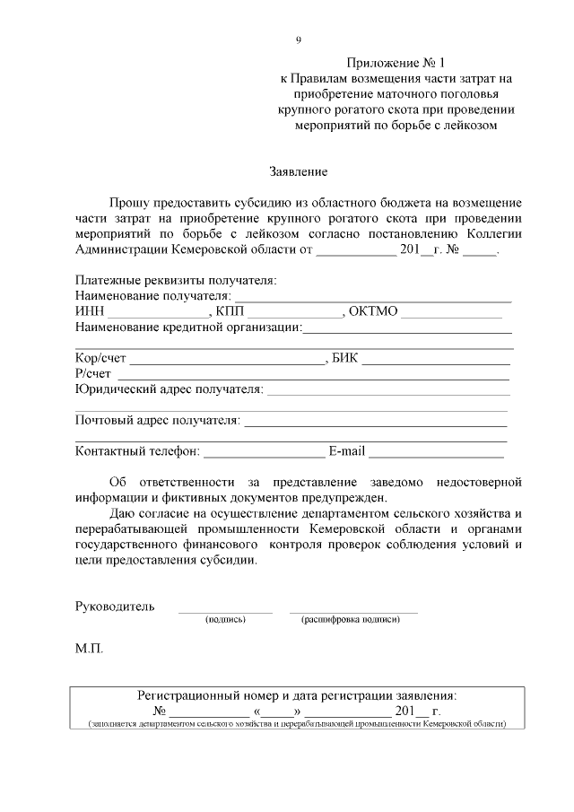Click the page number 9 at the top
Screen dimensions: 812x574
tap(298, 40)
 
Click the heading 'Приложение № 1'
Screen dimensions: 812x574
tap(396, 63)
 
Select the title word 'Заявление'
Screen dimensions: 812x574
tap(299, 170)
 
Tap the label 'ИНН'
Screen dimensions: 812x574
tap(90, 311)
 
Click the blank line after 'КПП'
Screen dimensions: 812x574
tap(295, 312)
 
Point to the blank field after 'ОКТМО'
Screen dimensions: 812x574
tap(451, 312)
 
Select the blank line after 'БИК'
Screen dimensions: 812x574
tap(436, 360)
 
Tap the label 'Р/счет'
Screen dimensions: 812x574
tap(93, 374)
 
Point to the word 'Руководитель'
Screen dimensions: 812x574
tap(115, 607)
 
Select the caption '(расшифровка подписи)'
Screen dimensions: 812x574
tap(351, 619)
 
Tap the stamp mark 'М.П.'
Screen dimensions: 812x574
tap(90, 646)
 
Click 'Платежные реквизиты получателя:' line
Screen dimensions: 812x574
tap(176, 280)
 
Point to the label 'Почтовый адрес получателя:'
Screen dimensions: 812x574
tap(158, 419)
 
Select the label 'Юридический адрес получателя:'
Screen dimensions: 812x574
tap(170, 389)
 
